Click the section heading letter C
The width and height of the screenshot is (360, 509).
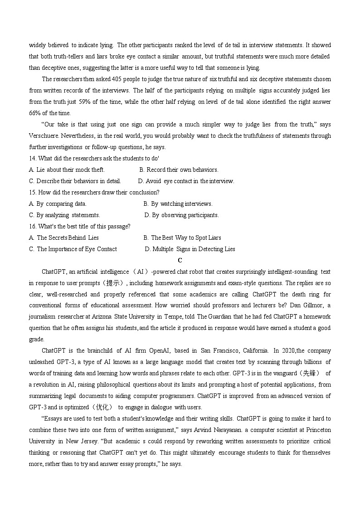tap(180, 260)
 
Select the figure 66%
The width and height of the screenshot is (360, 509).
tap(35, 113)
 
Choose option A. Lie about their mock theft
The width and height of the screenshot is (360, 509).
tap(67, 170)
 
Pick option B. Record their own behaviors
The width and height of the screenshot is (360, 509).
tap(179, 170)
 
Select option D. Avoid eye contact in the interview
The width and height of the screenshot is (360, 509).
tap(186, 181)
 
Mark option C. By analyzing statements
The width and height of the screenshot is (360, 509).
tap(64, 215)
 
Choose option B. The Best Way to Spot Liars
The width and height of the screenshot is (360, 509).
tap(182, 238)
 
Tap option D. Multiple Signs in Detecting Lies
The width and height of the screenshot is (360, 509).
tap(190, 249)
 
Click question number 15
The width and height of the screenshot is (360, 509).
tap(33, 193)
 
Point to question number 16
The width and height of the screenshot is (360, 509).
tap(33, 227)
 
